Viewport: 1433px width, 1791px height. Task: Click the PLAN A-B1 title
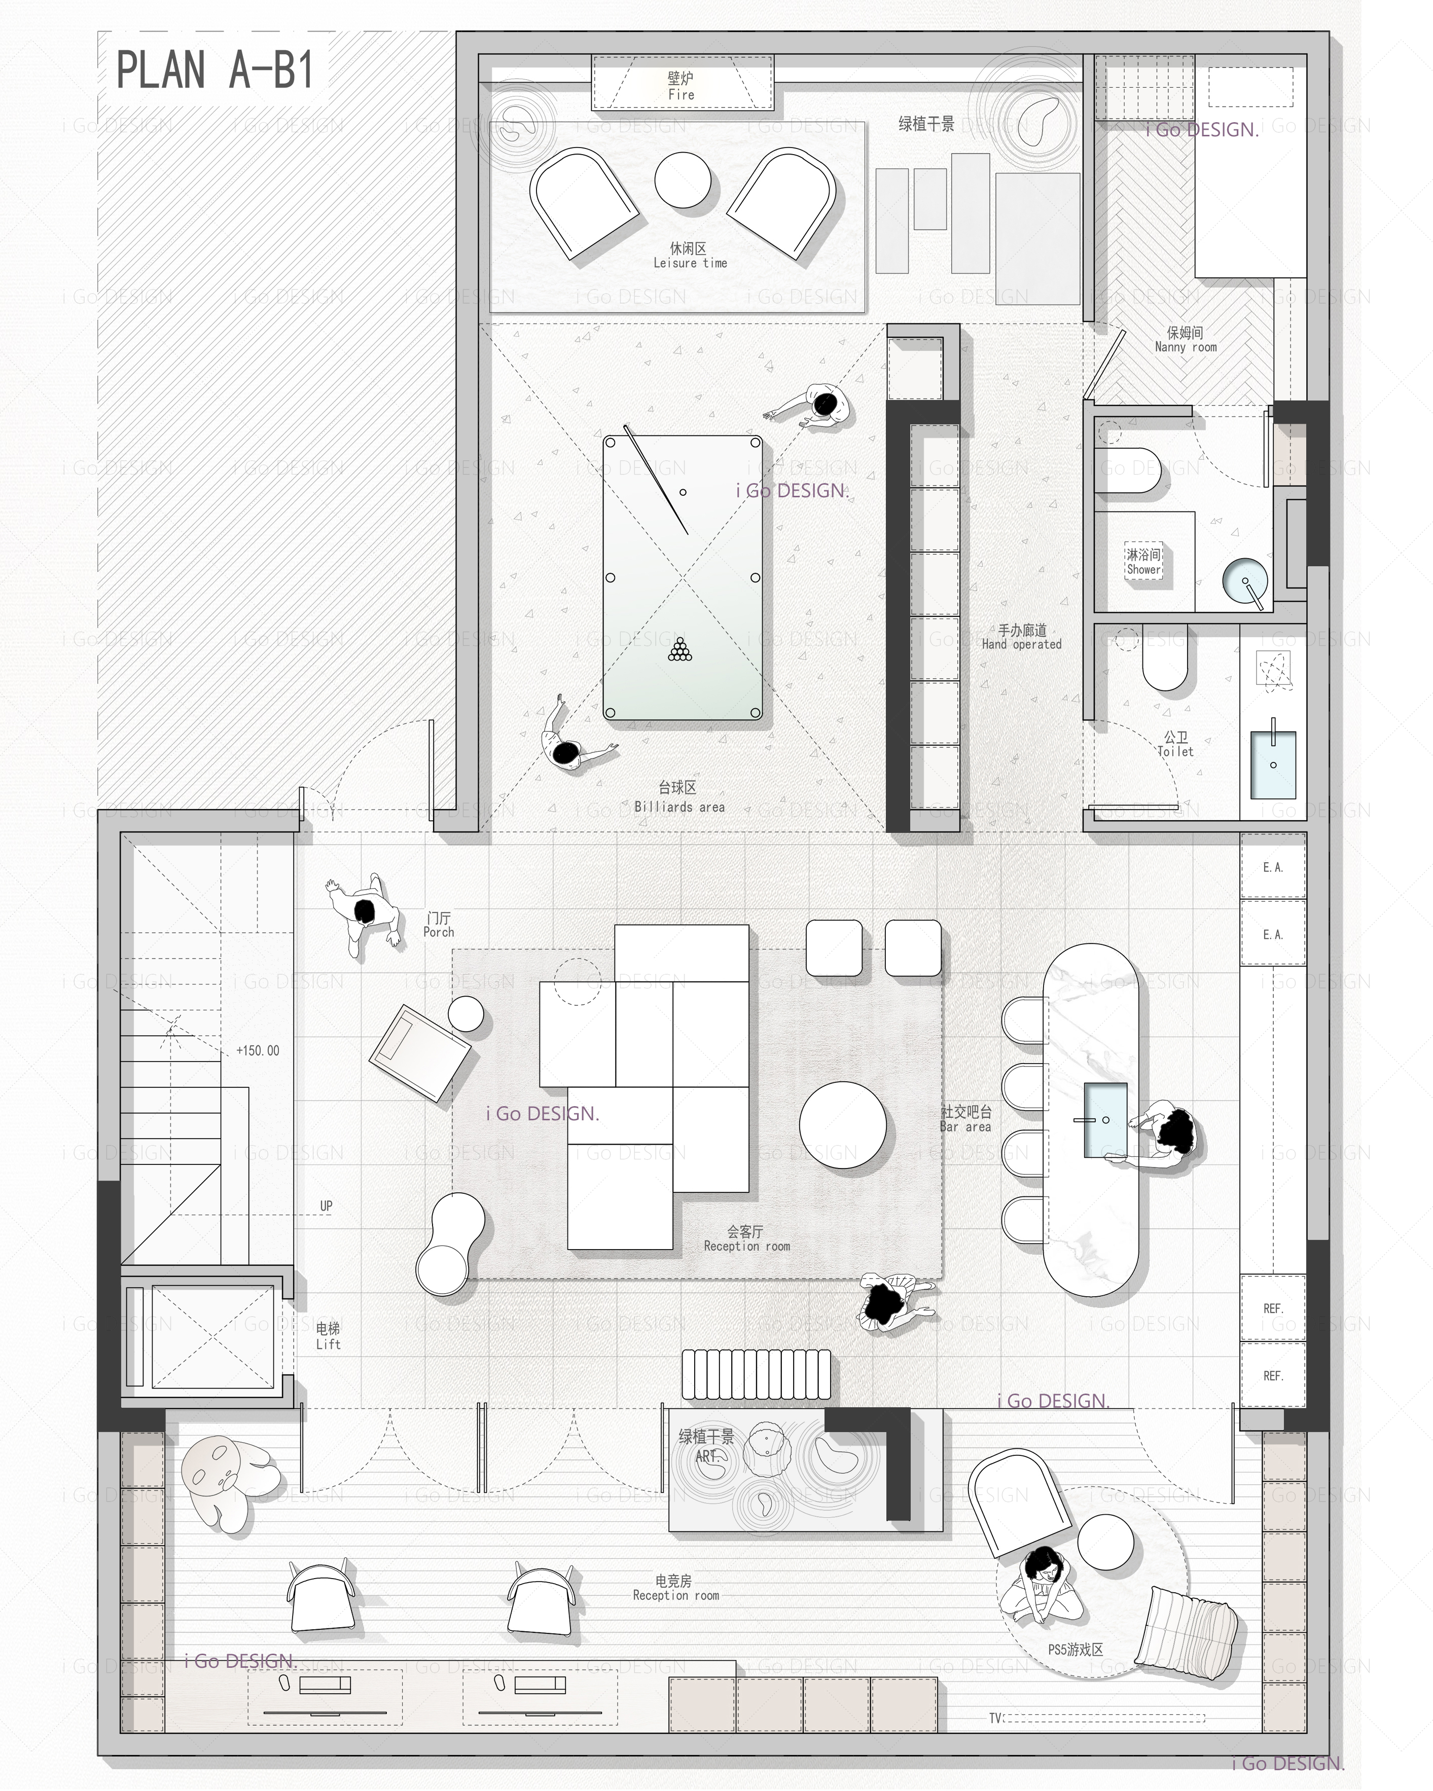pyautogui.click(x=215, y=70)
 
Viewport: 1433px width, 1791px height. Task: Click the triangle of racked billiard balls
pyautogui.click(x=679, y=650)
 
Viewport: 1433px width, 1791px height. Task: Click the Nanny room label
pyautogui.click(x=1186, y=347)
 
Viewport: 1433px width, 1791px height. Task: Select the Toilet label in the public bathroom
pyautogui.click(x=1175, y=751)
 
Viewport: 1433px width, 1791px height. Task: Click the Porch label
pyautogui.click(x=439, y=932)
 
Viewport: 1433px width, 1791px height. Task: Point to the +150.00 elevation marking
pyautogui.click(x=258, y=1051)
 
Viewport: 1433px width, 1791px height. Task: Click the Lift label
pyautogui.click(x=328, y=1344)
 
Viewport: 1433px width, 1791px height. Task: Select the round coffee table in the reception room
pyautogui.click(x=842, y=1125)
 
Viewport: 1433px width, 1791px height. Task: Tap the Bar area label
pyautogui.click(x=965, y=1127)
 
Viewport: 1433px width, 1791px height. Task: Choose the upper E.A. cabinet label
pyautogui.click(x=1273, y=867)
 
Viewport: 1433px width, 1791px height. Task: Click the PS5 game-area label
pyautogui.click(x=1075, y=1650)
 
